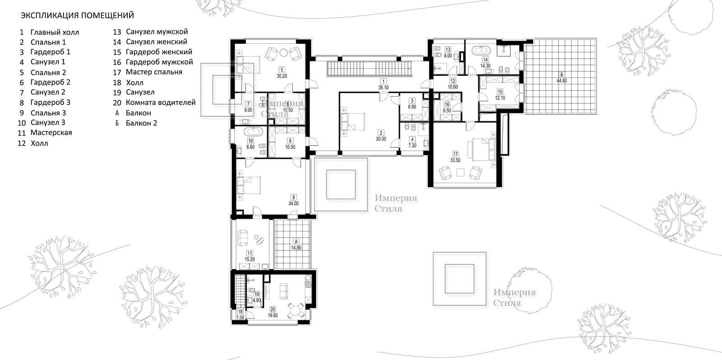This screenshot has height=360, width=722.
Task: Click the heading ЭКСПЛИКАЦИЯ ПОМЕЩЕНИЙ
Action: click(77, 15)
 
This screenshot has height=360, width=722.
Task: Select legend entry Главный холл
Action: click(55, 32)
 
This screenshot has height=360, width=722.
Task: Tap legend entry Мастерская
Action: click(51, 133)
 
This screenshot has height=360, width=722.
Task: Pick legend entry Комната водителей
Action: click(161, 102)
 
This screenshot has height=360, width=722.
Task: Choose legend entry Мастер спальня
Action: click(154, 72)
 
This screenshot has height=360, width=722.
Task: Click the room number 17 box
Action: click(455, 154)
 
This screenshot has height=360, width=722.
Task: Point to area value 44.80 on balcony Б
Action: click(561, 81)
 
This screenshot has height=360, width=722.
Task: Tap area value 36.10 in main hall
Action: click(383, 88)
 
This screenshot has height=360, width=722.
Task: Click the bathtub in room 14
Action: click(481, 50)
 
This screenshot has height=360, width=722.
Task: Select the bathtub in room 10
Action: click(254, 131)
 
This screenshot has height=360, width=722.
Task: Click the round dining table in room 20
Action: click(296, 311)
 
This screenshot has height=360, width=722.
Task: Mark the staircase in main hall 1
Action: click(370, 69)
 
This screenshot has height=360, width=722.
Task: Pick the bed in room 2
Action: click(352, 121)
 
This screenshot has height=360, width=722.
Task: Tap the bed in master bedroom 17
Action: click(484, 149)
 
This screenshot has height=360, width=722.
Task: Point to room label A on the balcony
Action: click(296, 241)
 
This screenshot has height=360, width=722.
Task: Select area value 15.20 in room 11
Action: click(250, 259)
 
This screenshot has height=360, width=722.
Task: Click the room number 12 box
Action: click(453, 81)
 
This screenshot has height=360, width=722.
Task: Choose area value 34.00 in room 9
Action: click(293, 204)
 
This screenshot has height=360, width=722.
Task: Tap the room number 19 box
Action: click(257, 294)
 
